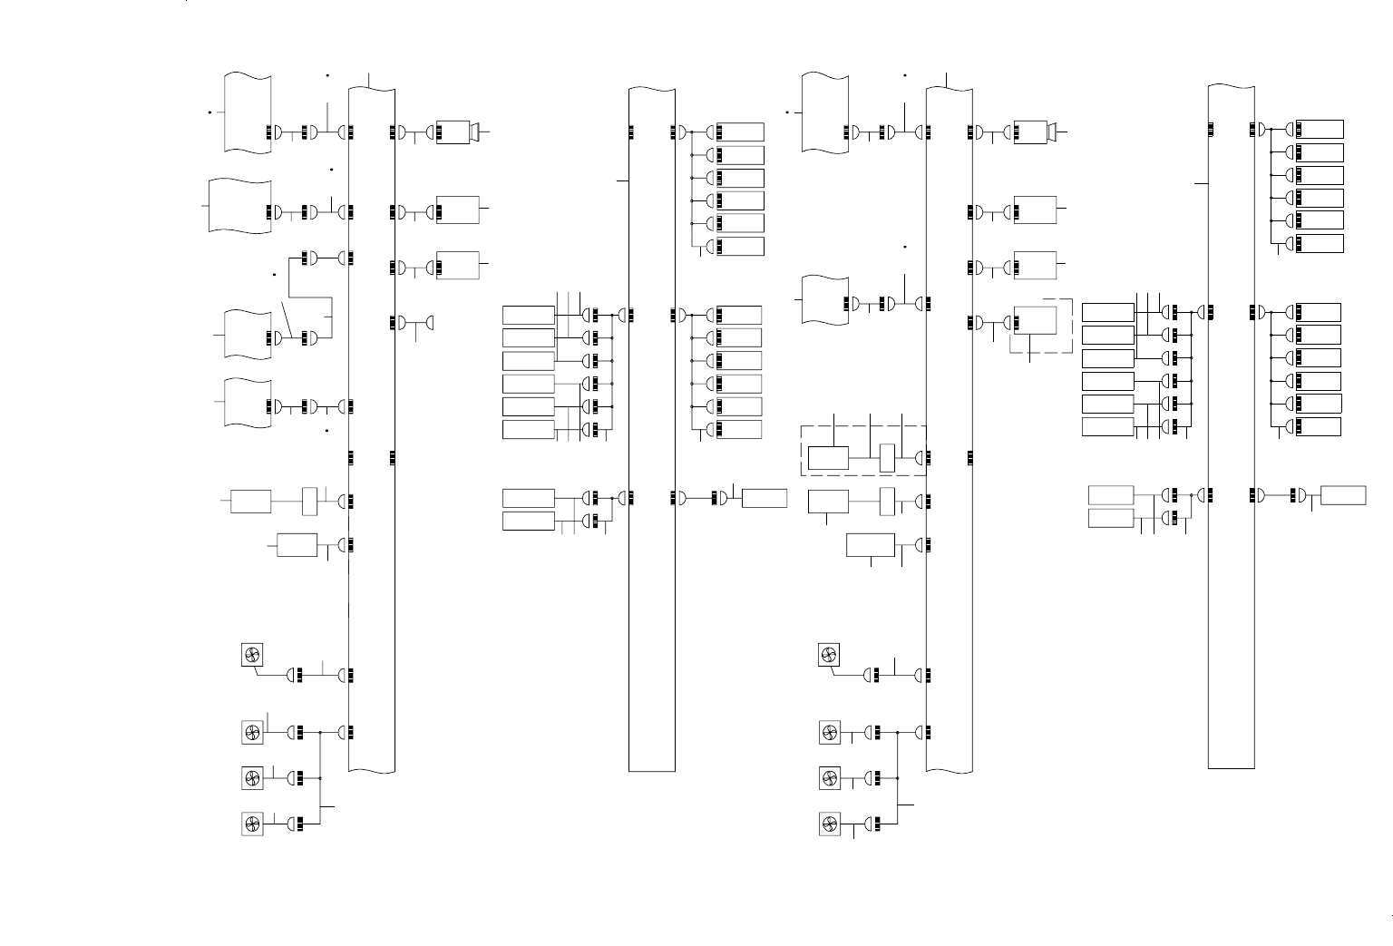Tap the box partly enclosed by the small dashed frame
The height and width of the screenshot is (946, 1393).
tap(1035, 321)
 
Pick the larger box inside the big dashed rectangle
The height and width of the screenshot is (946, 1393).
tap(828, 458)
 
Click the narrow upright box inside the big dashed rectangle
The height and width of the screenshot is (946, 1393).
tap(888, 457)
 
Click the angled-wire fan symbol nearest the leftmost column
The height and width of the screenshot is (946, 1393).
tap(252, 655)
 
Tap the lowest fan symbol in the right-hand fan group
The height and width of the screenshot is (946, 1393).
tap(829, 824)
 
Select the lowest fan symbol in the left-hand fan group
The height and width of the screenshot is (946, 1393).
tap(252, 824)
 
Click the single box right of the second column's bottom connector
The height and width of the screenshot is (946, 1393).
tap(764, 498)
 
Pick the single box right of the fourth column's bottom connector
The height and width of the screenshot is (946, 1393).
tap(1343, 495)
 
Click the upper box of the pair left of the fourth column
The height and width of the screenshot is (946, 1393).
tap(1110, 495)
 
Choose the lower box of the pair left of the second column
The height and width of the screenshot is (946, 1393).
tap(528, 521)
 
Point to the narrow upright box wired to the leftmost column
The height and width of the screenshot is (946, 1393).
tap(309, 500)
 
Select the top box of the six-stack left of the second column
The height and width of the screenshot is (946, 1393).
tap(528, 315)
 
